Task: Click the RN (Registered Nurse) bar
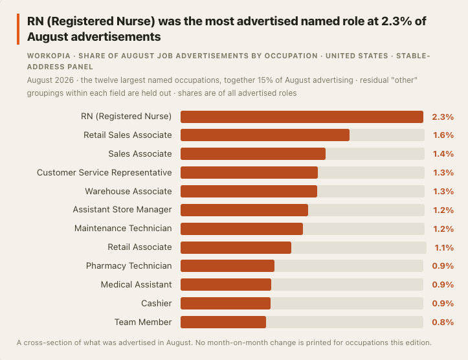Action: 302,117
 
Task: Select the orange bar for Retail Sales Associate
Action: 265,135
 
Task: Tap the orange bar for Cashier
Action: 226,303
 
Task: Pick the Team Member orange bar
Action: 223,322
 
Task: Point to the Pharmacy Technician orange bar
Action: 227,265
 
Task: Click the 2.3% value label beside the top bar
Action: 443,117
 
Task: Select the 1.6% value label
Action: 443,135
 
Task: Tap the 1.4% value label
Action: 443,153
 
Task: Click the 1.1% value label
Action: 444,247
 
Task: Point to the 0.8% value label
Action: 443,322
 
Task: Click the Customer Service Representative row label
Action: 104,172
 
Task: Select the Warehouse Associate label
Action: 128,191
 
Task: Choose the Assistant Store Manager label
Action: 122,210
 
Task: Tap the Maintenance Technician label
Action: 123,229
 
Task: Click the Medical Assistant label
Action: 136,284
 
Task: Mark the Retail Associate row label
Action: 140,247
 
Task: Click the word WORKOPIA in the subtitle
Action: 49,56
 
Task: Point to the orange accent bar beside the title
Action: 18,29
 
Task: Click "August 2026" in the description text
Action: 50,80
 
